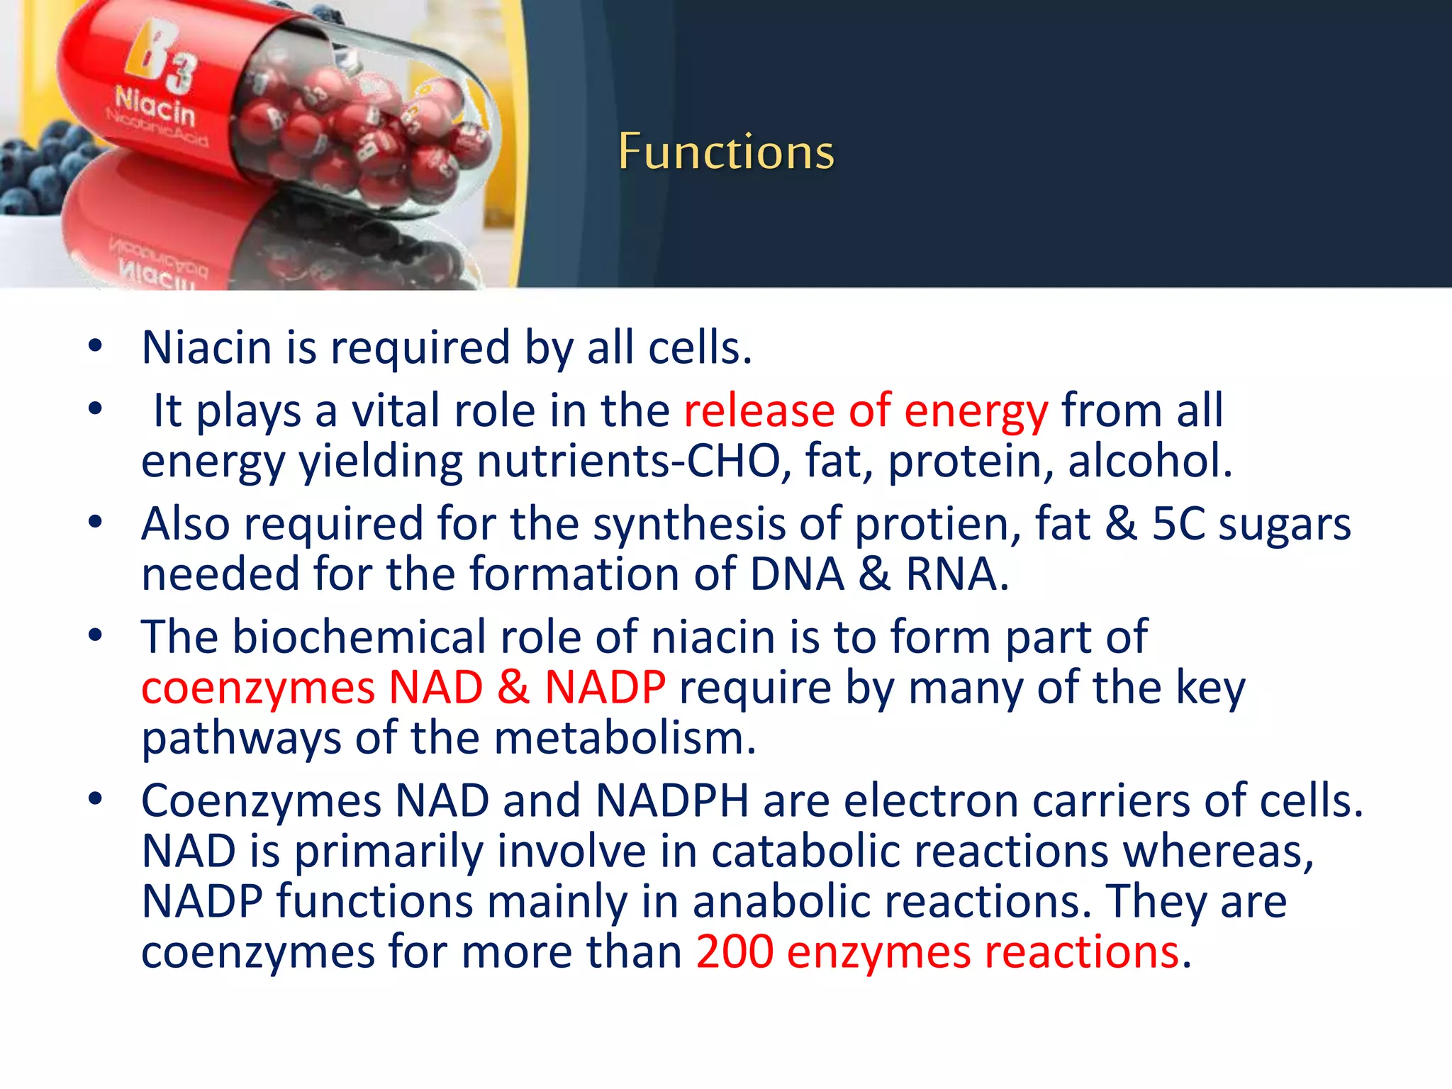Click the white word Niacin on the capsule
coord(155,107)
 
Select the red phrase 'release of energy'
coord(865,411)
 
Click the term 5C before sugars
coord(1178,524)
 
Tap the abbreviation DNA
coord(797,574)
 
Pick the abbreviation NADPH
coord(671,801)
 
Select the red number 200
coord(734,951)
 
